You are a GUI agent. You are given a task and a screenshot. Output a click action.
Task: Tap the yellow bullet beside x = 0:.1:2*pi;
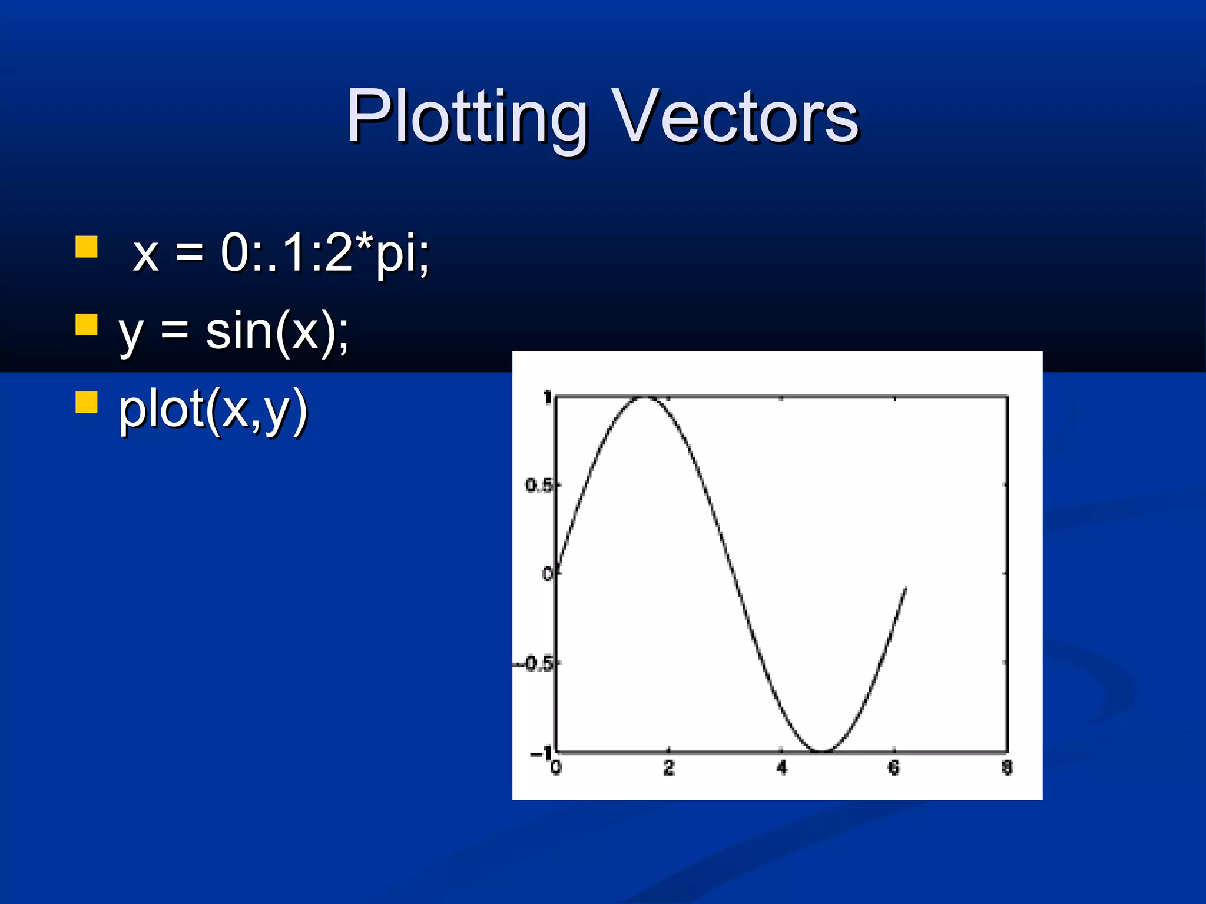pos(87,247)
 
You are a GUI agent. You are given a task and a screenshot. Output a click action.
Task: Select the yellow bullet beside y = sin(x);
pos(87,324)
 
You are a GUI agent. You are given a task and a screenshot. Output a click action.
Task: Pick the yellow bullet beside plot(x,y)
pos(87,403)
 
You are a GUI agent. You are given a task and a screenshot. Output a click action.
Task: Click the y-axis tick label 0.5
pos(538,486)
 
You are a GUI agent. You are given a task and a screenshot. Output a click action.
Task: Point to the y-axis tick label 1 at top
pos(547,398)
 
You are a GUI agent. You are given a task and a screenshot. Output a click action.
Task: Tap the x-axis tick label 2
pos(668,767)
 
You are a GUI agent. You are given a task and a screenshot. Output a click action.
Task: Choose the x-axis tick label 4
pos(781,767)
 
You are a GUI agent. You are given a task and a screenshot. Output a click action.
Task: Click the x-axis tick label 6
pos(894,767)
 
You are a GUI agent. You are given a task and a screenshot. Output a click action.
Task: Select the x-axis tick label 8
pos(1007,767)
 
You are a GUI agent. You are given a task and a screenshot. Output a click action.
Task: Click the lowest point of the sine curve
pos(823,752)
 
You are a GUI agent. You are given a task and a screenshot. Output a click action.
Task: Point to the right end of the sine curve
pos(906,588)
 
